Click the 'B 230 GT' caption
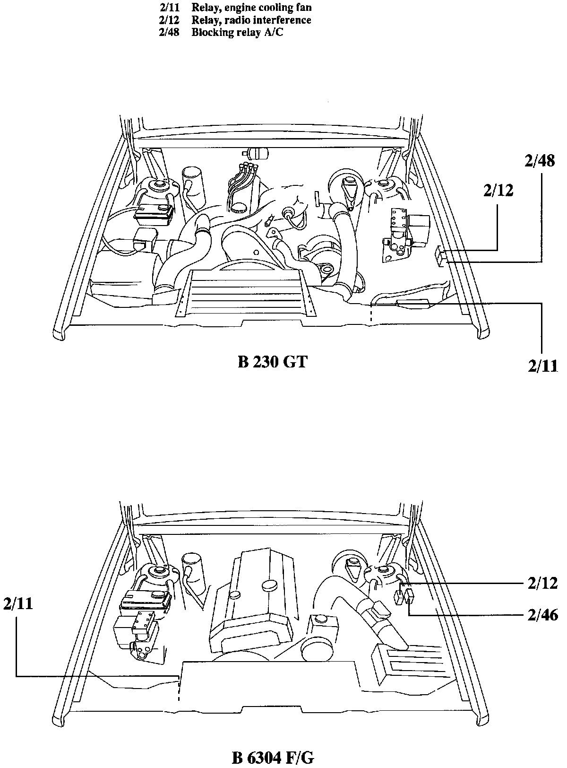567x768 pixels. (x=272, y=363)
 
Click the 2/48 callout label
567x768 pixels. (x=539, y=161)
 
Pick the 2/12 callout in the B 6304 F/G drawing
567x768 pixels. (x=542, y=583)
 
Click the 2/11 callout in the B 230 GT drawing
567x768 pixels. (x=542, y=366)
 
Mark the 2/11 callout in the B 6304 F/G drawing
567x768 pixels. (x=18, y=604)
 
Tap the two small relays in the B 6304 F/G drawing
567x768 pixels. (x=404, y=596)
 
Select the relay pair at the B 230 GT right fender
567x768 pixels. (x=441, y=256)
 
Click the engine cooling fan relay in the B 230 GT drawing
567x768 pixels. (x=413, y=304)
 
